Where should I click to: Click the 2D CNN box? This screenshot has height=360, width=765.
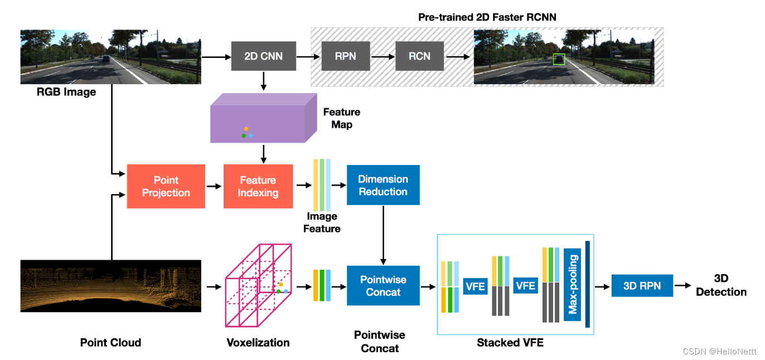[263, 56]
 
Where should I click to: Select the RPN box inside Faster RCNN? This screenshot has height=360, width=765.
[345, 56]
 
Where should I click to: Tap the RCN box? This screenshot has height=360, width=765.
[419, 56]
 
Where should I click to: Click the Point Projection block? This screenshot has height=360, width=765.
[166, 187]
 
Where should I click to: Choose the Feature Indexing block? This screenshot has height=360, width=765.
[258, 187]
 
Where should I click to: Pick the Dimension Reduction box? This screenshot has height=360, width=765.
[382, 185]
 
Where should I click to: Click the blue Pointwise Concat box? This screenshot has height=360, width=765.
[382, 286]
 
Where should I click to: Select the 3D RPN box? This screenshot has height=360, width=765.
[642, 286]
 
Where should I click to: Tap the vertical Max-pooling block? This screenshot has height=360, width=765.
[572, 285]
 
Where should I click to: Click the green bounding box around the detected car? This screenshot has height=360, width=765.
[559, 59]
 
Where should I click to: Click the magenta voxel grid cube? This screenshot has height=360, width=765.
[258, 285]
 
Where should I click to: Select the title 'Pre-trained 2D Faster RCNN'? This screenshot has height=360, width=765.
[487, 17]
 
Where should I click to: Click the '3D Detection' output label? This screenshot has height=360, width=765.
[721, 285]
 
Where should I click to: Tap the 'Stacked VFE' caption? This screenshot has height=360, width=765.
[510, 343]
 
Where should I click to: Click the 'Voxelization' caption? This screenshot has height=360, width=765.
[258, 343]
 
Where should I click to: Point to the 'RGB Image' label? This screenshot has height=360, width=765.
[66, 92]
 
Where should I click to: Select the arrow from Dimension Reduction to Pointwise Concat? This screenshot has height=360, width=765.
[382, 235]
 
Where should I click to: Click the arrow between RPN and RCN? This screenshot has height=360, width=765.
[383, 56]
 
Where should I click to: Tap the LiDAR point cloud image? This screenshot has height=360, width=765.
[110, 285]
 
